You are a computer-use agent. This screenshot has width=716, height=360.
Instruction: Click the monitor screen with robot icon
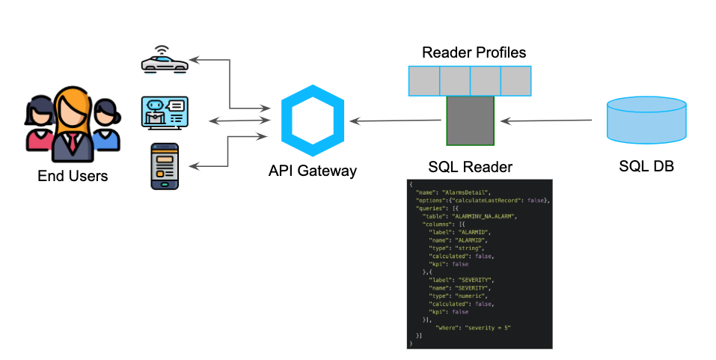pos(165,113)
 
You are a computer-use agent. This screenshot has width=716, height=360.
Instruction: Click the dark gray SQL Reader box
pos(470,120)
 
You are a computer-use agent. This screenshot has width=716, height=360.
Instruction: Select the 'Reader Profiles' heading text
pos(474,52)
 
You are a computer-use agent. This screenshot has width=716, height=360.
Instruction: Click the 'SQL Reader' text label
pos(469,166)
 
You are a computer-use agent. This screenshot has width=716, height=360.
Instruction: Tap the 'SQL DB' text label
pos(646,166)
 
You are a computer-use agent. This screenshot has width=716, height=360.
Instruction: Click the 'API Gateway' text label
pos(312,171)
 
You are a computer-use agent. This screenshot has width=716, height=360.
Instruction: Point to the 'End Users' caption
pos(73,177)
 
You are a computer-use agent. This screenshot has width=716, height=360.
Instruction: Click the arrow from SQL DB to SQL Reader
pos(552,120)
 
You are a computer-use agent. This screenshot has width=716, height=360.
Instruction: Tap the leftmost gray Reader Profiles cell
pos(423,81)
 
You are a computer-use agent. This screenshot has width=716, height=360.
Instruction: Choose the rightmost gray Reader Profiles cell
pos(515,81)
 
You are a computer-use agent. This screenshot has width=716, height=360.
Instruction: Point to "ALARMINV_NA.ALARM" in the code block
pos(483,216)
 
